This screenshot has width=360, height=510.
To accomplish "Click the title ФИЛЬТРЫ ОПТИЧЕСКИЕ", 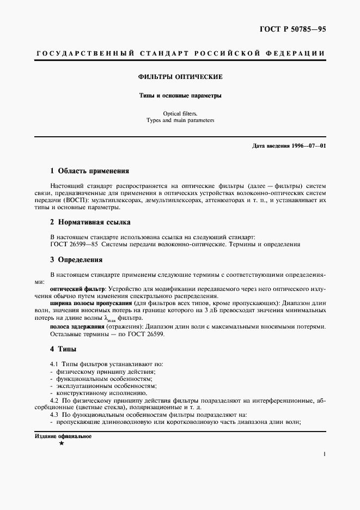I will click(x=180, y=77).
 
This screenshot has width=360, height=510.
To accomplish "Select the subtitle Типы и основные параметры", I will click(x=180, y=96).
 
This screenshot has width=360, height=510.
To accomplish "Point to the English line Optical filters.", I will click(x=180, y=113).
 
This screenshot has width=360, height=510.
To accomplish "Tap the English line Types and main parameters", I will click(x=180, y=120).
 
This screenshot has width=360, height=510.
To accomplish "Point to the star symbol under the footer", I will click(x=62, y=445).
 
